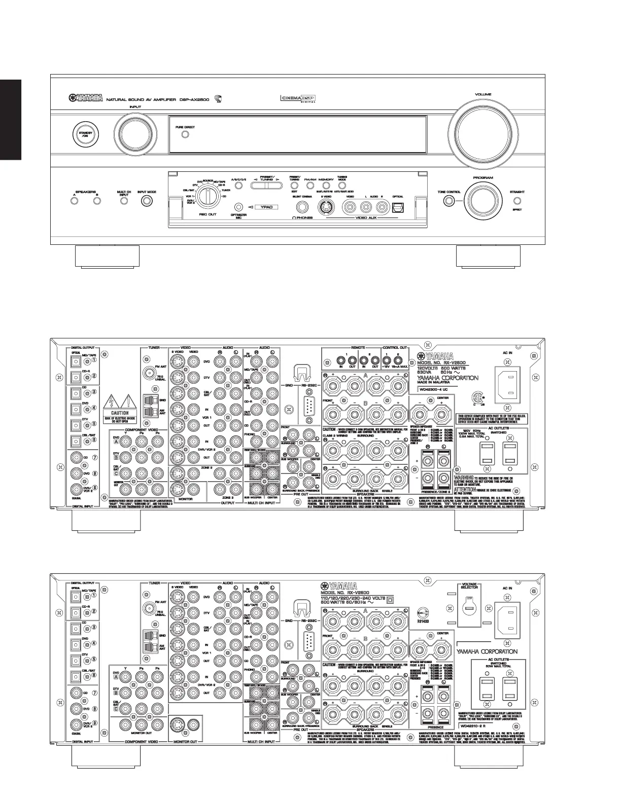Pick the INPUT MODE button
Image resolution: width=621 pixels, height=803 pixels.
[x=147, y=201]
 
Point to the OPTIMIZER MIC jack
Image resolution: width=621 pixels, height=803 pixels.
[x=238, y=206]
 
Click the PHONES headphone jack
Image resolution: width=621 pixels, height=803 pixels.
[x=303, y=206]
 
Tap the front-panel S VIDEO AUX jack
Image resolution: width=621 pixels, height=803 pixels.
[x=325, y=207]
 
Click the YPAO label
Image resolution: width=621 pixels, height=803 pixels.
[x=267, y=207]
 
